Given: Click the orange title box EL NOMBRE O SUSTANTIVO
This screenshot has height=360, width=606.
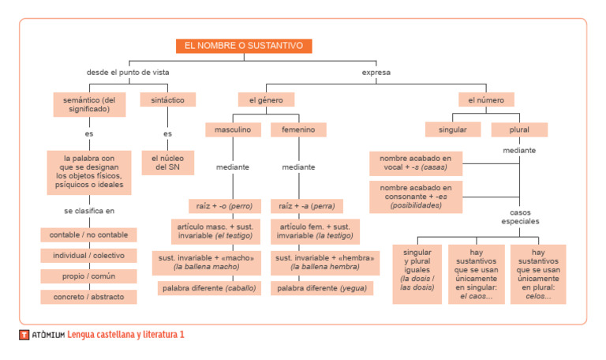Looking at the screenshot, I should (243, 46).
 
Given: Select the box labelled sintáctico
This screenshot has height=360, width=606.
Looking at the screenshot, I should (167, 100).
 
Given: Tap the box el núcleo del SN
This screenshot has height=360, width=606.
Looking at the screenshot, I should (167, 163).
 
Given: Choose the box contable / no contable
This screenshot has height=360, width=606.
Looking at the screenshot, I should (88, 234).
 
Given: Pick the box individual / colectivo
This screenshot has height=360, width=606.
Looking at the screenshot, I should (88, 256).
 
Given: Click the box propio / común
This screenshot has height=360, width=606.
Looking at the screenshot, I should (88, 277).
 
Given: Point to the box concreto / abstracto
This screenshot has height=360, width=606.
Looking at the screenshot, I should (88, 298).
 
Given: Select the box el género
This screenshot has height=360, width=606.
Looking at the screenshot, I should (266, 100).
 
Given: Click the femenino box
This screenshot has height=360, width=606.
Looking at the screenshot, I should (298, 129).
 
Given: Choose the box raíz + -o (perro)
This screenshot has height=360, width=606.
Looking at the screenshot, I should (224, 206).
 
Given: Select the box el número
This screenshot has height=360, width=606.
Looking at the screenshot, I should (486, 100).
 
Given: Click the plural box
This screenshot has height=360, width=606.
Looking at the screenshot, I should (518, 129).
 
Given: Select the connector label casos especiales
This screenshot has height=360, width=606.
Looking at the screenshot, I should (519, 217).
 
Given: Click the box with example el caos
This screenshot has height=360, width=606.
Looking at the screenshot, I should (477, 274).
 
